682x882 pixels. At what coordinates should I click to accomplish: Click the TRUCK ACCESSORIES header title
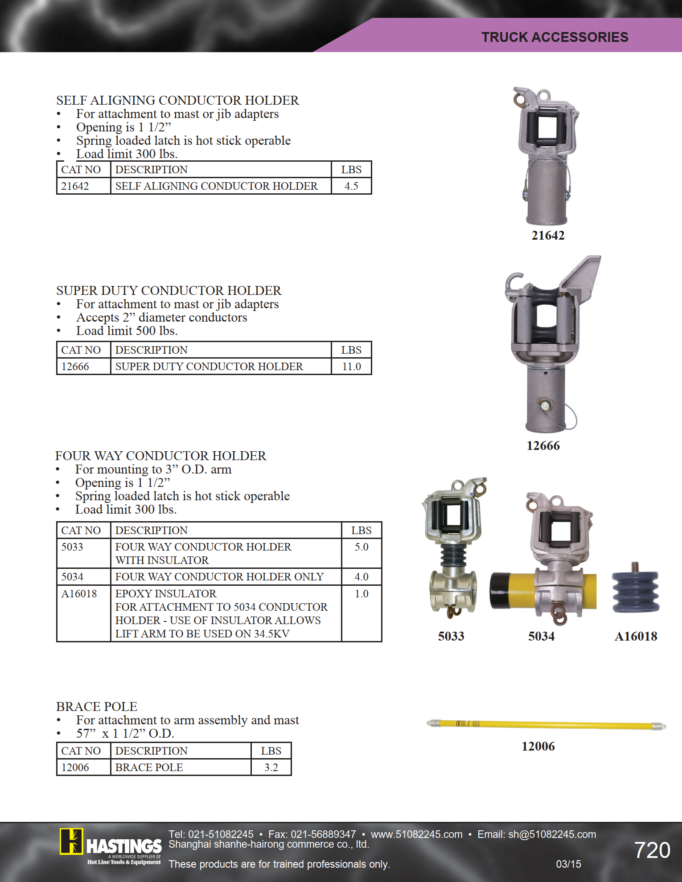pyautogui.click(x=555, y=37)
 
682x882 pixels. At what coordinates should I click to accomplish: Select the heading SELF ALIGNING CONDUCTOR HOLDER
pyautogui.click(x=177, y=100)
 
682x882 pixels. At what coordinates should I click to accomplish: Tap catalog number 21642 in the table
pyautogui.click(x=75, y=186)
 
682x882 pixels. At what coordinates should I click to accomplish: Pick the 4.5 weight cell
pyautogui.click(x=351, y=186)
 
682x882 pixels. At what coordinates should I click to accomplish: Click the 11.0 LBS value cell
pyautogui.click(x=351, y=367)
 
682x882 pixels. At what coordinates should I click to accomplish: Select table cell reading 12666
pyautogui.click(x=75, y=367)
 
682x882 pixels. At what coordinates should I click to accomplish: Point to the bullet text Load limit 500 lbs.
pyautogui.click(x=127, y=331)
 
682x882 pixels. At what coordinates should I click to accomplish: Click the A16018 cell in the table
pyautogui.click(x=79, y=594)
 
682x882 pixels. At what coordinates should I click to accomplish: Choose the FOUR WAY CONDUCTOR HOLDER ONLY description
pyautogui.click(x=219, y=577)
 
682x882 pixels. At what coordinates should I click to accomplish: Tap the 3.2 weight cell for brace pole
pyautogui.click(x=271, y=768)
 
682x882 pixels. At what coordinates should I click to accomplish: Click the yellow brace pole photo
pyautogui.click(x=546, y=724)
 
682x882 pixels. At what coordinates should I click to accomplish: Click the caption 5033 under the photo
pyautogui.click(x=451, y=636)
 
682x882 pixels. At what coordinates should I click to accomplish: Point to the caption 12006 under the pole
pyautogui.click(x=538, y=747)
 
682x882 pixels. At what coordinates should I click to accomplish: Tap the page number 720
pyautogui.click(x=652, y=850)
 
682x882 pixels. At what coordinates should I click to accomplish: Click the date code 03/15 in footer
pyautogui.click(x=568, y=864)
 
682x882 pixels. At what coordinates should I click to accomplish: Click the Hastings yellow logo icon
pyautogui.click(x=71, y=841)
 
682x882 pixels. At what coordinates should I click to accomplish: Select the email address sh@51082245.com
pyautogui.click(x=552, y=834)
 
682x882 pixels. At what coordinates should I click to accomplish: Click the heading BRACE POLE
pyautogui.click(x=97, y=707)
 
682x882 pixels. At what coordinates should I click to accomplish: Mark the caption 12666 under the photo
pyautogui.click(x=543, y=446)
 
